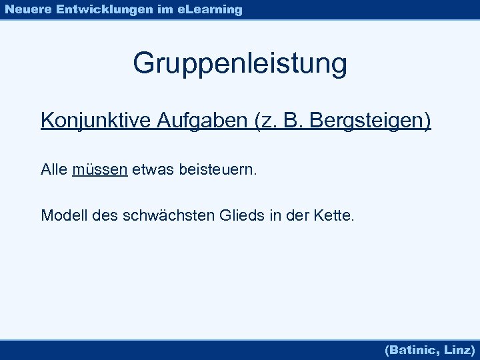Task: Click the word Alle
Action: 54,170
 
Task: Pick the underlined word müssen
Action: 100,170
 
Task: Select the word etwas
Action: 151,170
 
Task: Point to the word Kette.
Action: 338,215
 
